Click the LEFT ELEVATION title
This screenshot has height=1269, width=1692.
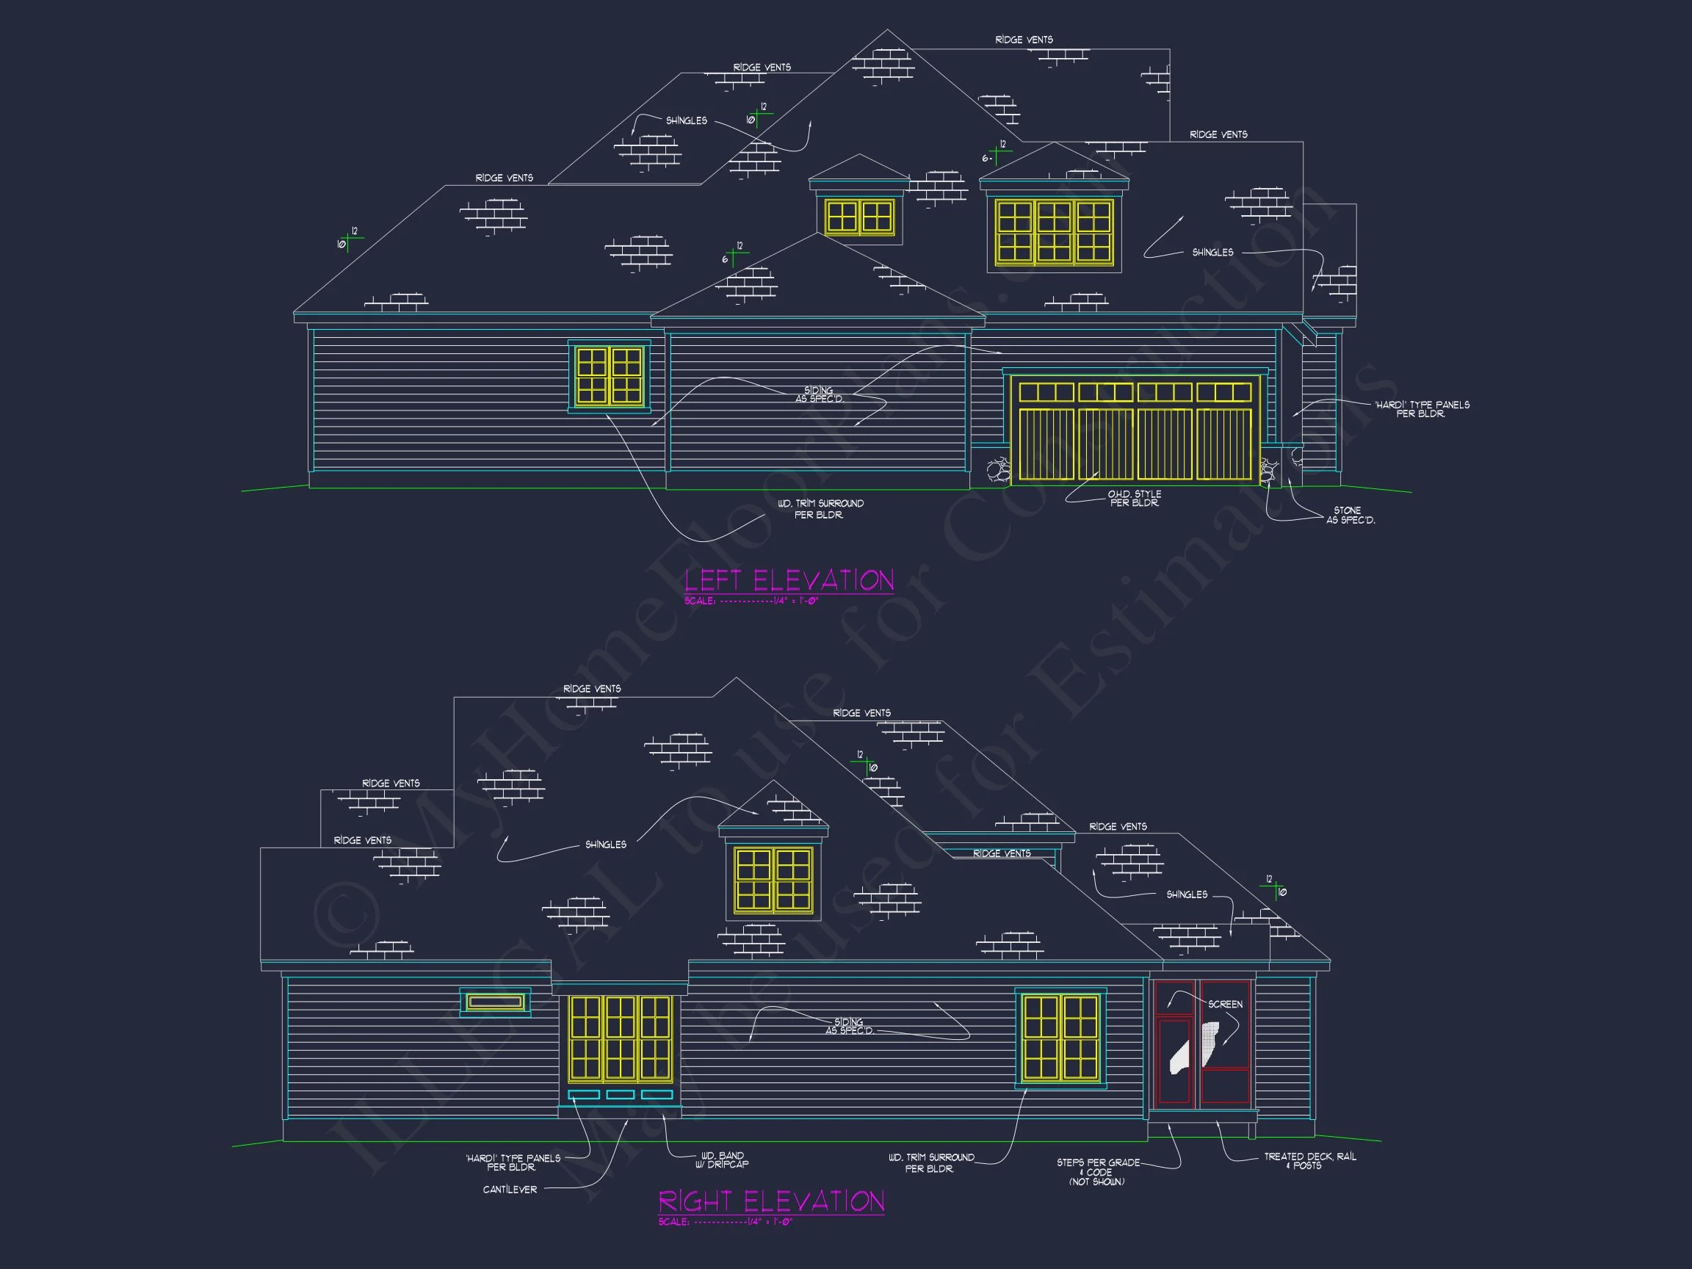pyautogui.click(x=789, y=581)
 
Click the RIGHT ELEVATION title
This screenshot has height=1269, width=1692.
pyautogui.click(x=771, y=1201)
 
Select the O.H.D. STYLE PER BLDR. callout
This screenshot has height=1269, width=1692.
pyautogui.click(x=1135, y=499)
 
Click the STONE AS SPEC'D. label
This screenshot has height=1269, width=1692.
pyautogui.click(x=1350, y=516)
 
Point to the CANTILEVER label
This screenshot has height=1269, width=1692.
pyautogui.click(x=510, y=1190)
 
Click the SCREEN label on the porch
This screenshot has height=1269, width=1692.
pyautogui.click(x=1225, y=1005)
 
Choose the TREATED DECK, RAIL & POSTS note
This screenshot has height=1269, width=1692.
pyautogui.click(x=1309, y=1161)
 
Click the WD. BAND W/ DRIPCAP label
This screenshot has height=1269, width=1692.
pyautogui.click(x=722, y=1160)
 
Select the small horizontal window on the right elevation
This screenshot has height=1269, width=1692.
pyautogui.click(x=495, y=1002)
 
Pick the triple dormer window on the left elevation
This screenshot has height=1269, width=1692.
pyautogui.click(x=1054, y=233)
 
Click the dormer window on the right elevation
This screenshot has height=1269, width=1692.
pyautogui.click(x=773, y=880)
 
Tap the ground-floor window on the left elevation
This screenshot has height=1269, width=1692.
pyautogui.click(x=609, y=375)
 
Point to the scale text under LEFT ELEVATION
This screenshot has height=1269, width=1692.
pyautogui.click(x=751, y=601)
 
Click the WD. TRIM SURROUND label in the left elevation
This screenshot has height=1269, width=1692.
pyautogui.click(x=820, y=510)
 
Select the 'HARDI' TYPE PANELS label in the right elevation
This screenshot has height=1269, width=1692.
pyautogui.click(x=513, y=1163)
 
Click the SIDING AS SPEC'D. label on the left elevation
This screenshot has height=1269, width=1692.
pyautogui.click(x=820, y=394)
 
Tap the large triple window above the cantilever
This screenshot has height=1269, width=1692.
pyautogui.click(x=621, y=1038)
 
